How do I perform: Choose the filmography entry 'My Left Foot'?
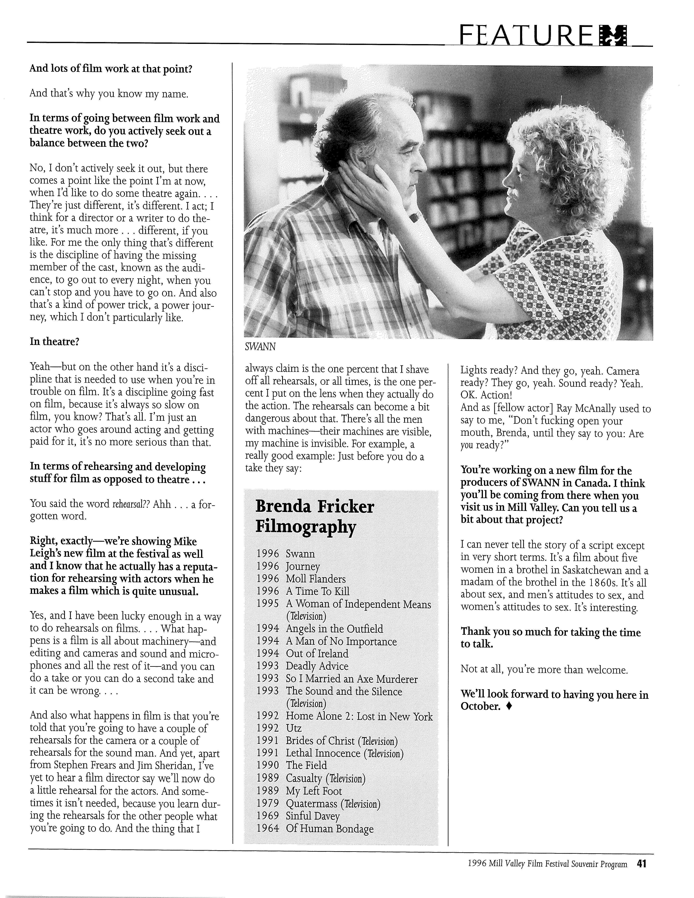(314, 791)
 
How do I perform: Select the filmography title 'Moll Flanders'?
(316, 579)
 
